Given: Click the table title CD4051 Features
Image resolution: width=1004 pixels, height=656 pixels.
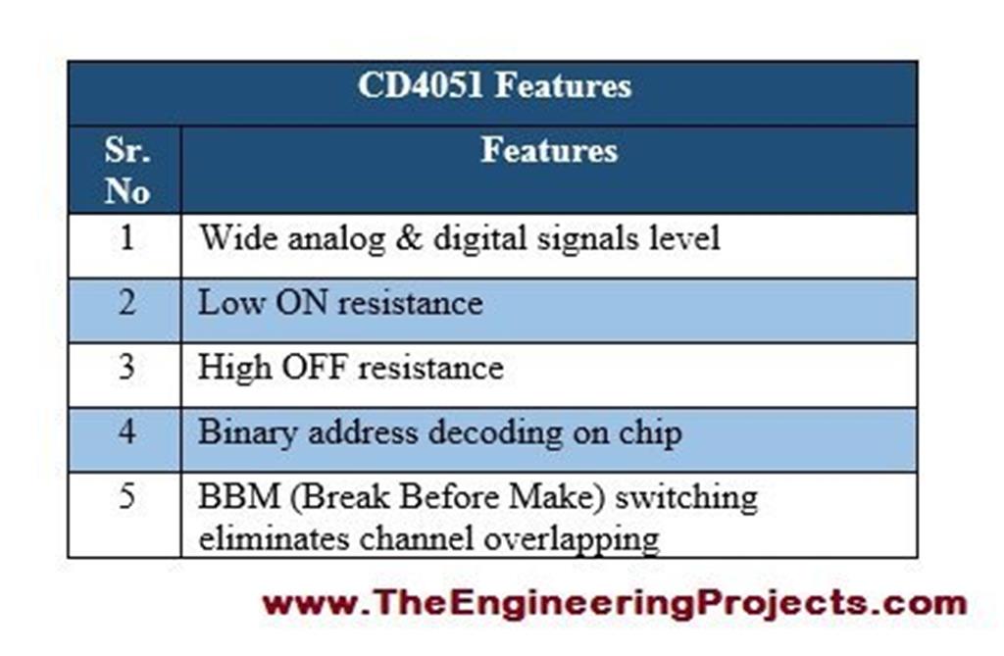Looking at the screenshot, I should click(493, 86).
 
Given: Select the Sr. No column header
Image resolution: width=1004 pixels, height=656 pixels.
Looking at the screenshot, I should click(126, 171).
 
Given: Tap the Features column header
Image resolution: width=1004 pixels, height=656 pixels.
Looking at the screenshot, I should click(549, 151).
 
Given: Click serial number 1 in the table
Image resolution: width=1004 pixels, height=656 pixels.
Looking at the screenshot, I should click(126, 238).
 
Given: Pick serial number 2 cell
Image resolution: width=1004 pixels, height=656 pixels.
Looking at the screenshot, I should click(126, 302).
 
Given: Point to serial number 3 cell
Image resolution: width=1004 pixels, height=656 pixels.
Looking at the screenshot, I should click(126, 368).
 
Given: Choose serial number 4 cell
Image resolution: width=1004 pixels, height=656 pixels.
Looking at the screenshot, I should click(126, 432).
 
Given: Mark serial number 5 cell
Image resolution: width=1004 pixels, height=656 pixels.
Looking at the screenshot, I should click(126, 496).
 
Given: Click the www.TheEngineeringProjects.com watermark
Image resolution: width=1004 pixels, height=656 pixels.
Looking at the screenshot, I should click(614, 601).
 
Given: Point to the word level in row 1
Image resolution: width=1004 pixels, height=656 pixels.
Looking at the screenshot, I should click(684, 238).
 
